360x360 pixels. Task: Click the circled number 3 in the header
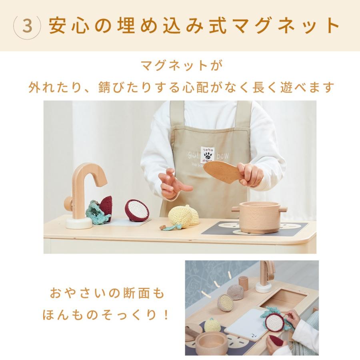27,26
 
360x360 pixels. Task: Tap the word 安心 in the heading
67,26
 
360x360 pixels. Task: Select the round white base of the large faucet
79,223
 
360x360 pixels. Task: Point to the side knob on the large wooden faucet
68,204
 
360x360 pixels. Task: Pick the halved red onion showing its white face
137,210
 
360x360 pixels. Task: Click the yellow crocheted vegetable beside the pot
182,216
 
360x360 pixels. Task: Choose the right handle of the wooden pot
282,209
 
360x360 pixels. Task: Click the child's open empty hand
173,184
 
